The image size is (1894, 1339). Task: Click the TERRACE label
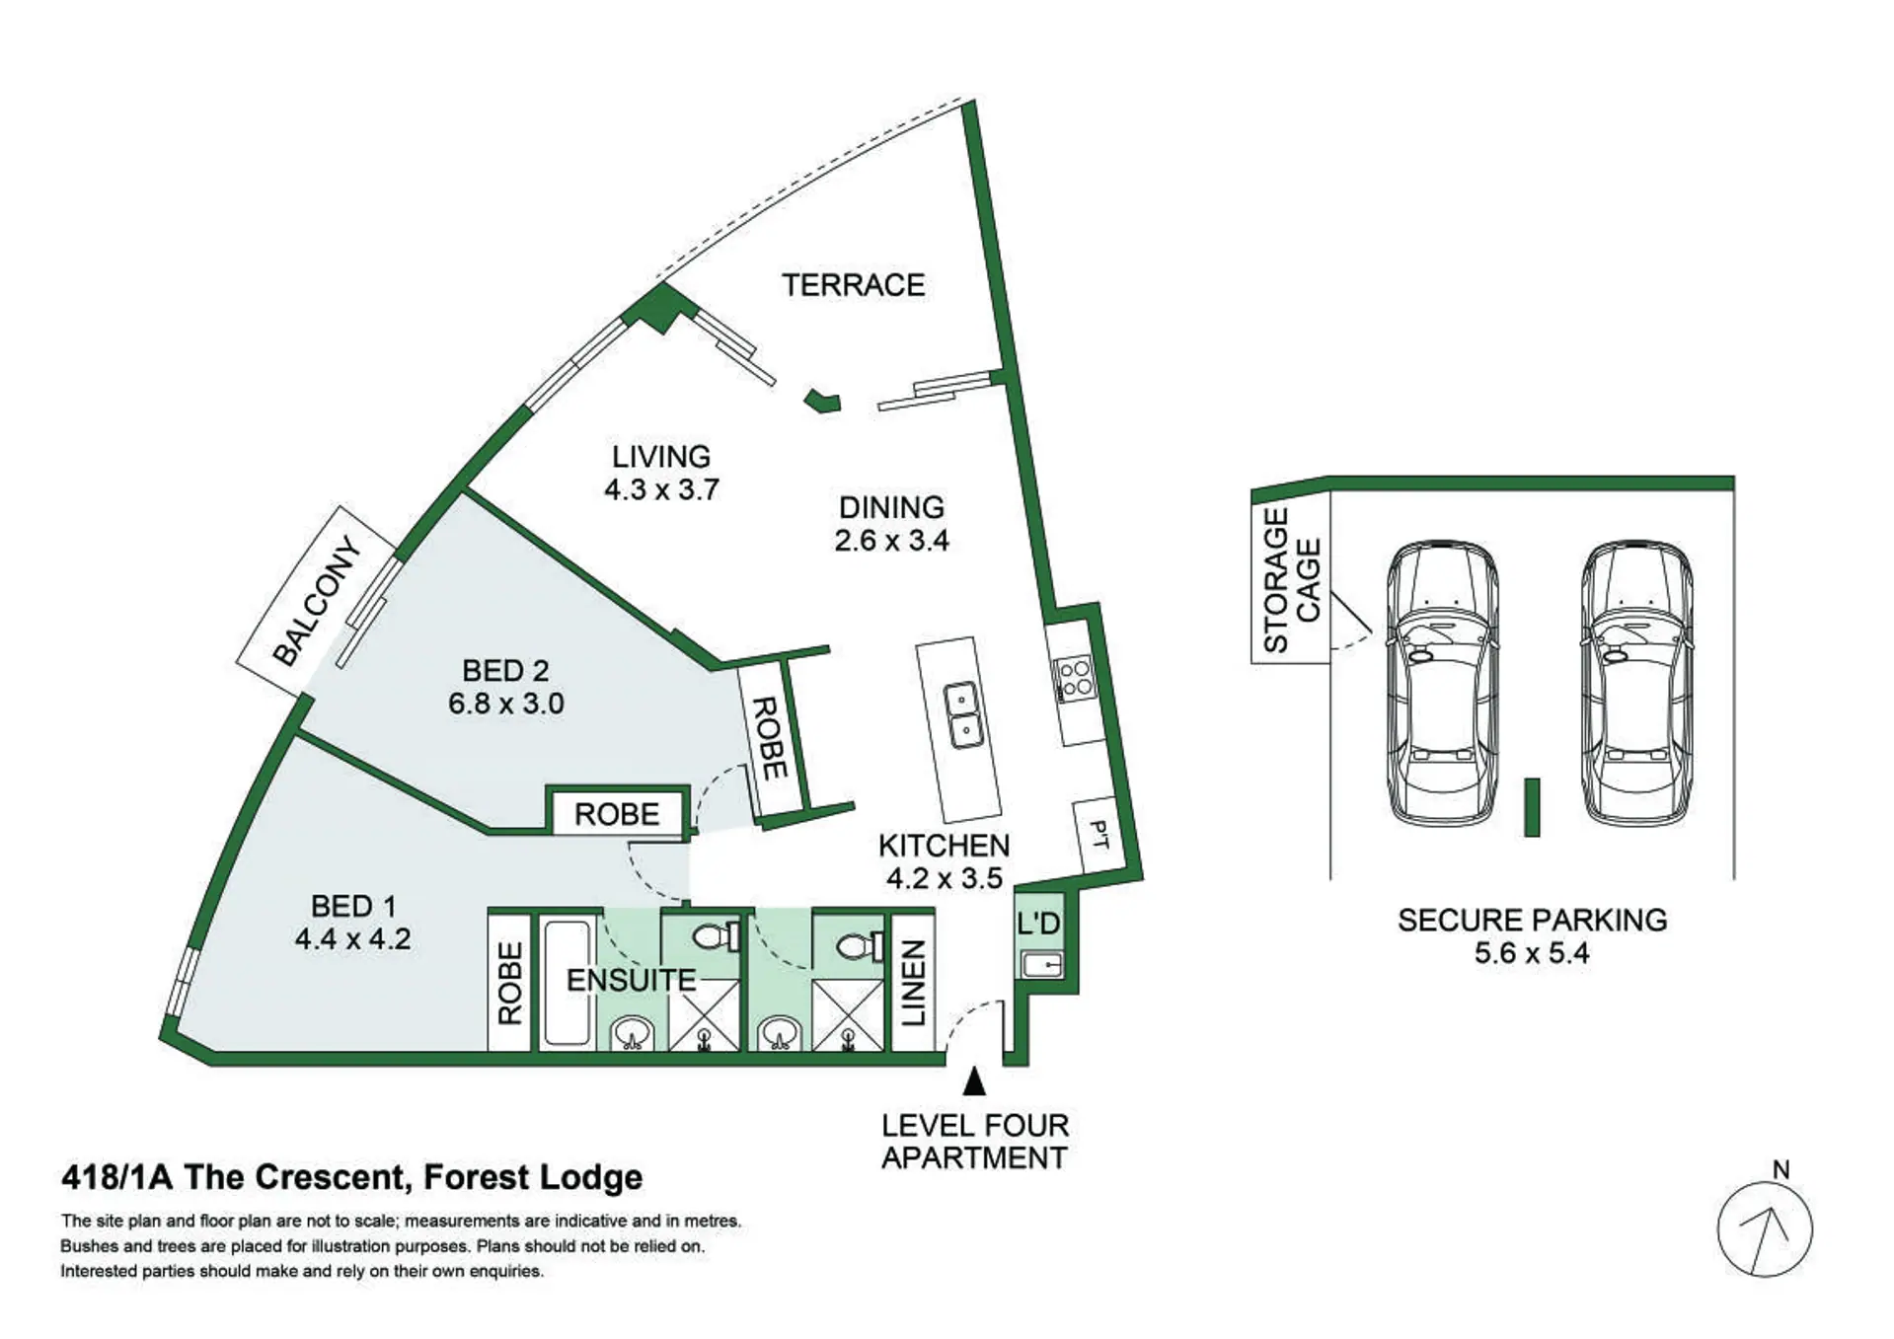[x=853, y=285]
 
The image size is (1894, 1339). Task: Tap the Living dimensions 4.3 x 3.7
[x=661, y=489]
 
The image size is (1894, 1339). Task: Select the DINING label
[x=891, y=507]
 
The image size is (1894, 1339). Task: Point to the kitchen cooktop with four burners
[x=1074, y=679]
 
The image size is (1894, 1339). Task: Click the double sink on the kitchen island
[x=962, y=715]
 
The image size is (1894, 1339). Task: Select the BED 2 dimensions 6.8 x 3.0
[x=506, y=704]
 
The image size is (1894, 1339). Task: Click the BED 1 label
[x=352, y=906]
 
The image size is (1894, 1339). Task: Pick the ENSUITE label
[x=632, y=980]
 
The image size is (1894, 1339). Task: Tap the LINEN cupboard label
[x=913, y=983]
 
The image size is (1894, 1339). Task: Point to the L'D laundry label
[x=1038, y=924]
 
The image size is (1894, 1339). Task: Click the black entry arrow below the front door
[x=974, y=1081]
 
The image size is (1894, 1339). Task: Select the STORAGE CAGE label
[x=1291, y=580]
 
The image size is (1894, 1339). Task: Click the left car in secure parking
[x=1442, y=682]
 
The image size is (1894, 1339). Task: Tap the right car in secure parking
[x=1636, y=682]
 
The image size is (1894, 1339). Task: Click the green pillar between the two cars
[x=1532, y=807]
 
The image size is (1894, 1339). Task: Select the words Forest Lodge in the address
[x=533, y=1177]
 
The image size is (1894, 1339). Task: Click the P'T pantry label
[x=1099, y=835]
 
